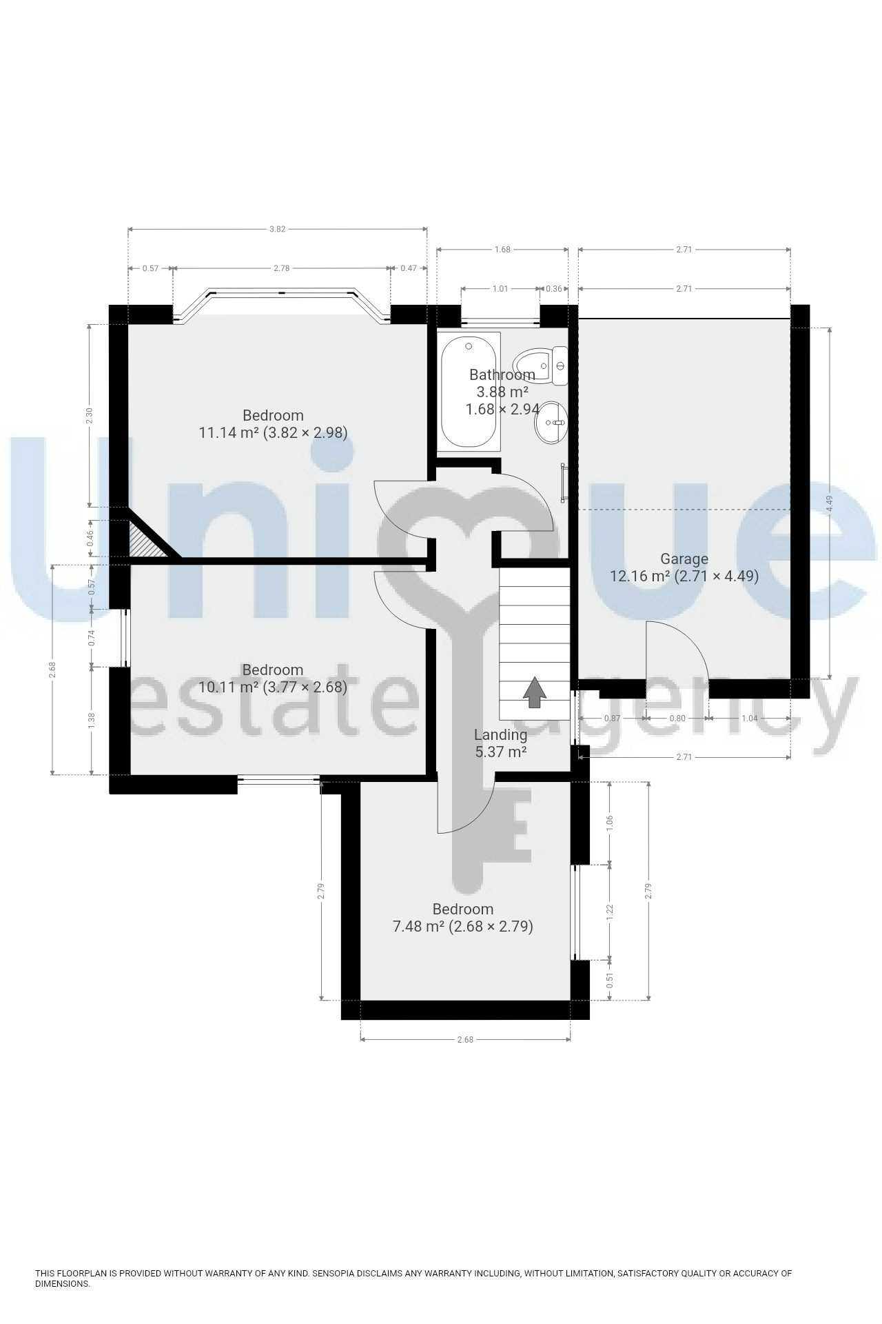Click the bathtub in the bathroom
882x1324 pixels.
(x=469, y=392)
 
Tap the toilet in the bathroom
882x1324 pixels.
(x=541, y=365)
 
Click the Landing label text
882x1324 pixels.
(x=501, y=735)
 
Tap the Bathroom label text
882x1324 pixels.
(x=502, y=375)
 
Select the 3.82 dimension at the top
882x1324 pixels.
(x=277, y=230)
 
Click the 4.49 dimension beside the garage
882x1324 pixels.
(x=830, y=503)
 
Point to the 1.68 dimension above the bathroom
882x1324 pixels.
(x=502, y=250)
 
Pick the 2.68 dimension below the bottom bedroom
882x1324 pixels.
(x=465, y=1040)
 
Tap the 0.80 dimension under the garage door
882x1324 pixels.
(x=677, y=719)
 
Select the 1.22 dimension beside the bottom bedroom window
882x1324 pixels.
(x=609, y=912)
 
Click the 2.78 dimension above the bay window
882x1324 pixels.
(x=281, y=268)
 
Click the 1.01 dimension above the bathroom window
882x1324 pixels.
(x=500, y=288)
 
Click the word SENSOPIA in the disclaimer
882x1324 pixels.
(x=336, y=1273)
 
